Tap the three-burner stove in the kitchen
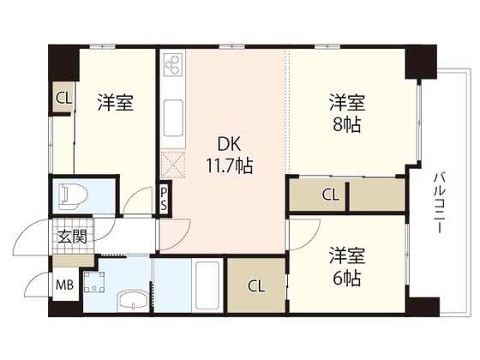(x=171, y=64)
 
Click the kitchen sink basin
(x=171, y=114)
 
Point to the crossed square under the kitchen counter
(x=171, y=162)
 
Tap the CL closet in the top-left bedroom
(x=63, y=97)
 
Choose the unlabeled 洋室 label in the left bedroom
(x=114, y=104)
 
